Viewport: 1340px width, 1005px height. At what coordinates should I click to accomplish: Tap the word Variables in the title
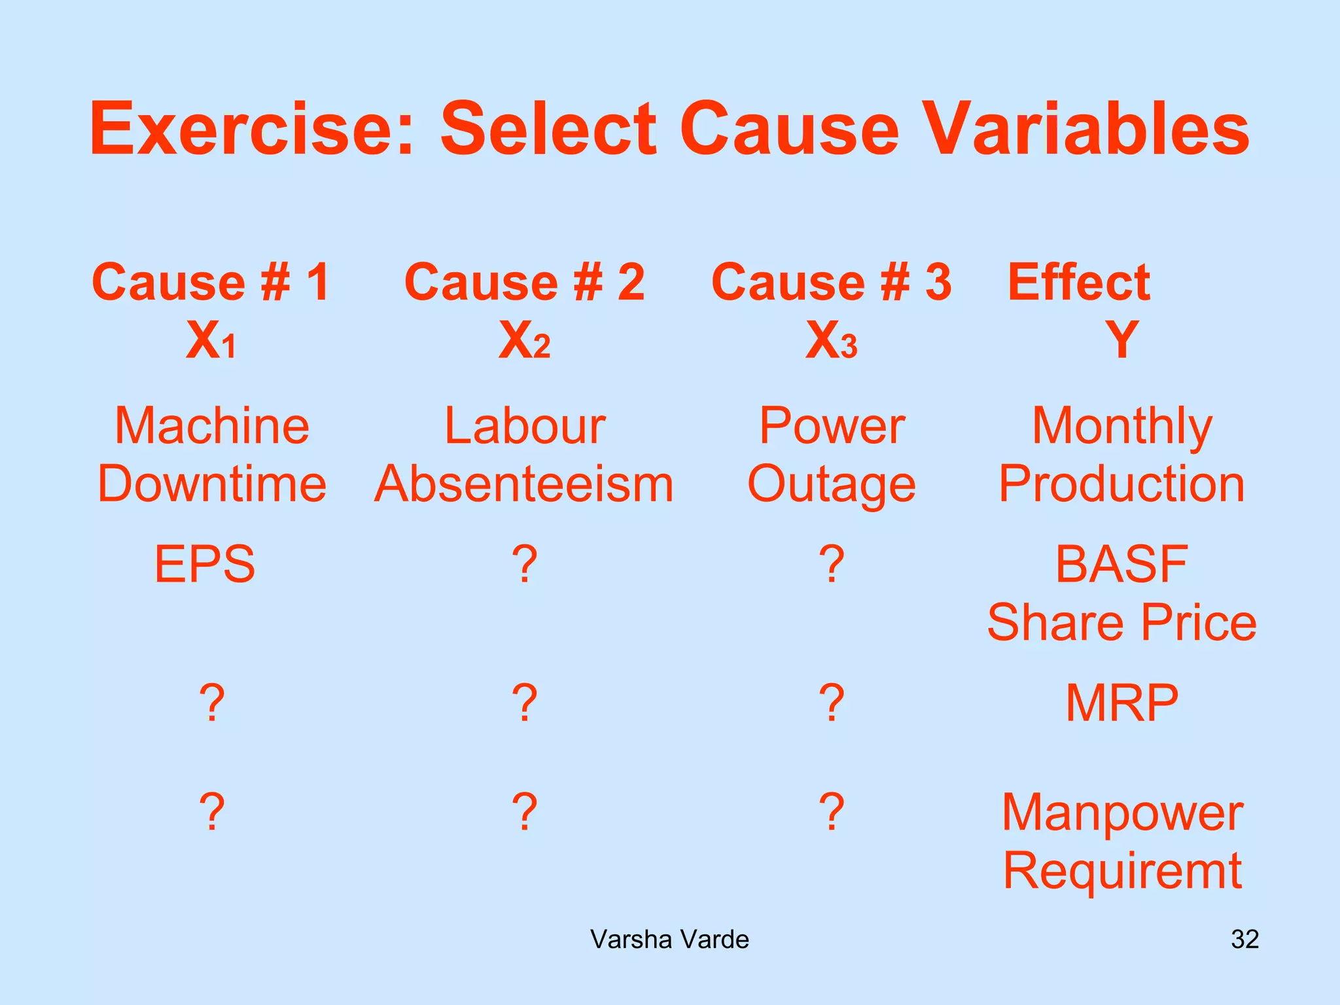(1089, 129)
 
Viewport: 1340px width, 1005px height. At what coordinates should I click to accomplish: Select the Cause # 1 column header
(211, 282)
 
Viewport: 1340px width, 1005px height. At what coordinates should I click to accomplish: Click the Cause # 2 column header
(525, 282)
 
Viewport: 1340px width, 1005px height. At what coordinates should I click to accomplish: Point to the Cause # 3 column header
(831, 282)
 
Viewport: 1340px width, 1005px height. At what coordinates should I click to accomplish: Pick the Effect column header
(1078, 282)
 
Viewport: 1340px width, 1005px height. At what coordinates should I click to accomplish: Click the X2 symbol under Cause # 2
(525, 340)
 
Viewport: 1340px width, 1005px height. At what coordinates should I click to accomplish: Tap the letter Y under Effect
(1121, 340)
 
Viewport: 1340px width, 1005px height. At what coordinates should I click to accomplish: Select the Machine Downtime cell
(211, 455)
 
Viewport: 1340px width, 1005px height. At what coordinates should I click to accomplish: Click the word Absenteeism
(523, 484)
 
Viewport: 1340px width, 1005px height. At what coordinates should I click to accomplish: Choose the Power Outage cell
(832, 455)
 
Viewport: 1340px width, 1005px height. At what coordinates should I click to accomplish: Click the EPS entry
(205, 564)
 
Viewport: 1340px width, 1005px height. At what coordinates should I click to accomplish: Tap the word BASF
(1121, 564)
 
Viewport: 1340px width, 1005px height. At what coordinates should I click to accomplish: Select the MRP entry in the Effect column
(1121, 703)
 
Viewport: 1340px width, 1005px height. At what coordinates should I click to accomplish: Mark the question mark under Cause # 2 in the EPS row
(525, 564)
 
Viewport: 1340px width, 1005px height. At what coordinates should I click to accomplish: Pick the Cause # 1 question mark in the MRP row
(212, 703)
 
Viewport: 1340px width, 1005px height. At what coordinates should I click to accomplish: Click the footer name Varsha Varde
(669, 940)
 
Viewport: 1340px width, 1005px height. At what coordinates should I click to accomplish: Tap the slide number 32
(1244, 940)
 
